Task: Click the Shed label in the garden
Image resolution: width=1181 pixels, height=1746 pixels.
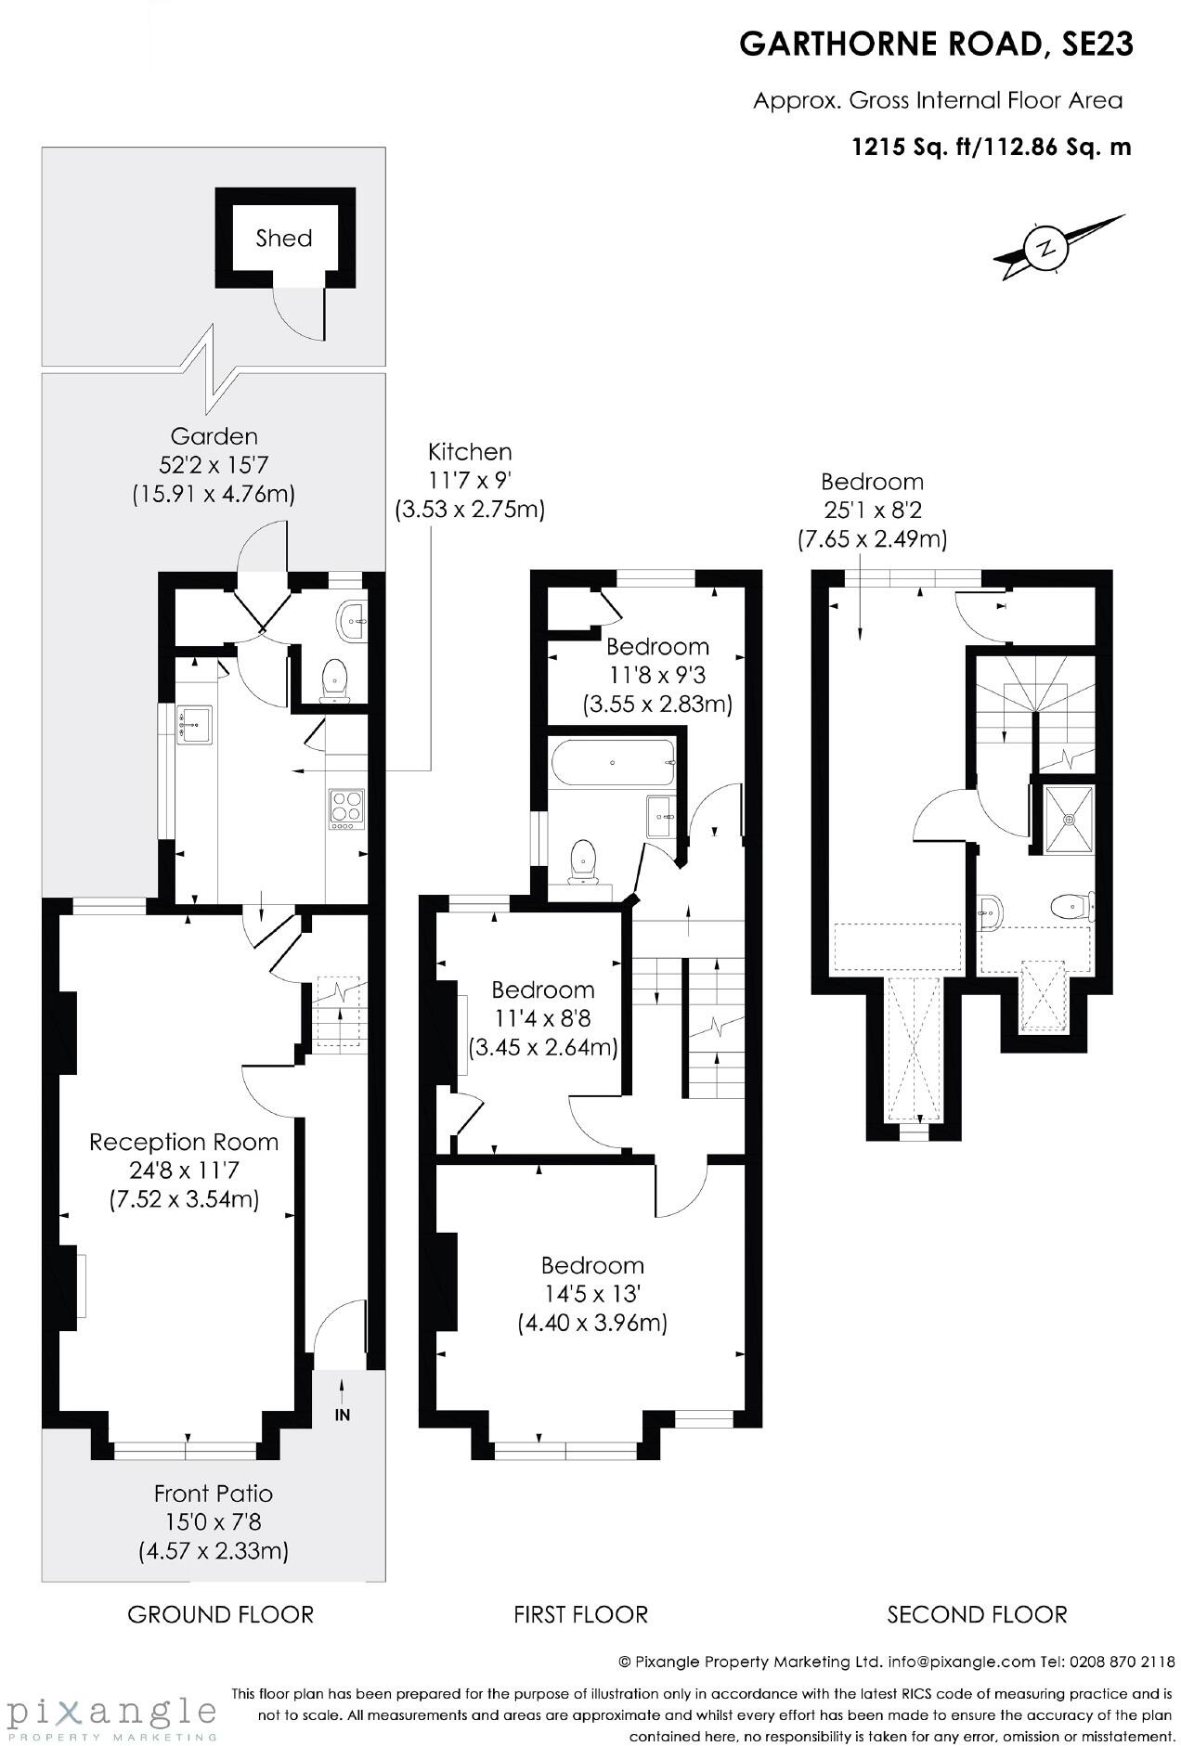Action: coord(283,239)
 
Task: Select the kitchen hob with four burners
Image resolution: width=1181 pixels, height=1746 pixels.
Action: coord(346,808)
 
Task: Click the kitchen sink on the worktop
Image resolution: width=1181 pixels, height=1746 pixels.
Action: coord(196,722)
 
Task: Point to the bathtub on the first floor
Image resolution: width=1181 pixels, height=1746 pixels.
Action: coord(614,762)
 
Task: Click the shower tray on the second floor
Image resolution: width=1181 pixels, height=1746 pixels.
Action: coord(1069,819)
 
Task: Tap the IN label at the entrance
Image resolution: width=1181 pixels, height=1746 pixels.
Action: coord(343,1416)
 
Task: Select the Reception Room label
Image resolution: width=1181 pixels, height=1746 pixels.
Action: coord(184,1142)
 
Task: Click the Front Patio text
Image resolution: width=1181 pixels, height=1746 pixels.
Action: coord(214,1494)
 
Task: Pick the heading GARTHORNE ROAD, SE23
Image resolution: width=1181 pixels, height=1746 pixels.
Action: coord(936,44)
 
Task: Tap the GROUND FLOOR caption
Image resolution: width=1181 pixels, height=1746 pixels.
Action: coord(220,1614)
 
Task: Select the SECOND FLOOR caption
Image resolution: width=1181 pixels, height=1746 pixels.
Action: coord(977,1614)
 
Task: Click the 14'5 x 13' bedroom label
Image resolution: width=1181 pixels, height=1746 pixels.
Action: coord(592,1294)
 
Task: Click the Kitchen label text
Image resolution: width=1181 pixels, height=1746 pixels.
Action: coord(470,452)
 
